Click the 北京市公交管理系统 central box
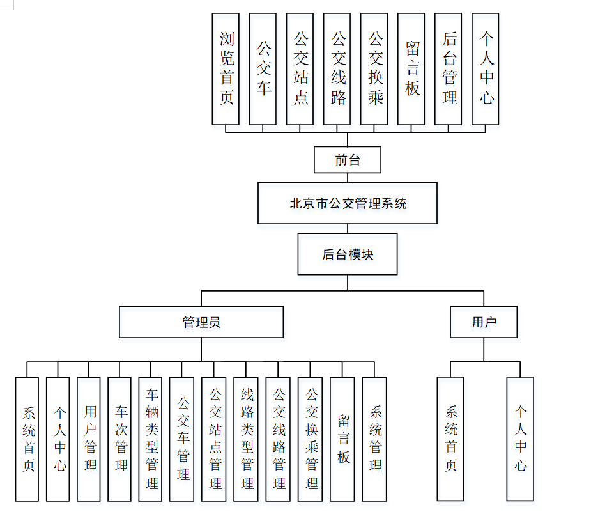click(x=348, y=203)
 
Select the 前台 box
click(x=347, y=160)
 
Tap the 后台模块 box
click(x=348, y=254)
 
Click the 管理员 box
click(x=201, y=322)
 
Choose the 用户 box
click(x=484, y=322)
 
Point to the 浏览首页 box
click(x=226, y=69)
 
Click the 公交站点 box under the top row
click(x=300, y=69)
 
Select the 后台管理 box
click(x=449, y=69)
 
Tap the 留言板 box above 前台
click(x=411, y=69)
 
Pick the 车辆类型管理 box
click(x=151, y=439)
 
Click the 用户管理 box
click(x=89, y=439)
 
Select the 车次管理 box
click(x=120, y=439)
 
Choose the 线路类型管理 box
click(x=247, y=439)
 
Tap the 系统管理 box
click(x=375, y=439)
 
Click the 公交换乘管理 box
click(x=311, y=439)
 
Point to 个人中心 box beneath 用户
click(x=520, y=439)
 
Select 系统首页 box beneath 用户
click(x=450, y=439)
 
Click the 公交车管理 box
click(x=183, y=439)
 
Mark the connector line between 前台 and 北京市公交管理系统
click(x=348, y=178)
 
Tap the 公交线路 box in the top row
click(x=337, y=69)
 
